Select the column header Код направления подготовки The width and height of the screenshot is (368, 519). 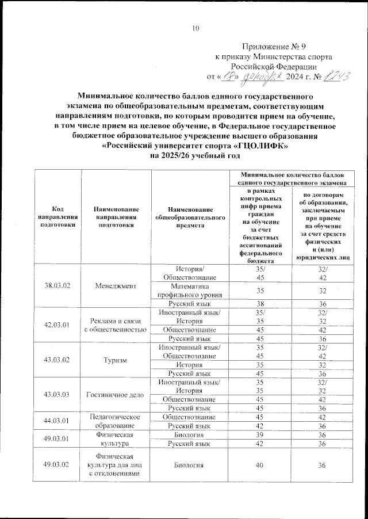(57, 217)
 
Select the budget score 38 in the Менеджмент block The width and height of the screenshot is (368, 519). (260, 304)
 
